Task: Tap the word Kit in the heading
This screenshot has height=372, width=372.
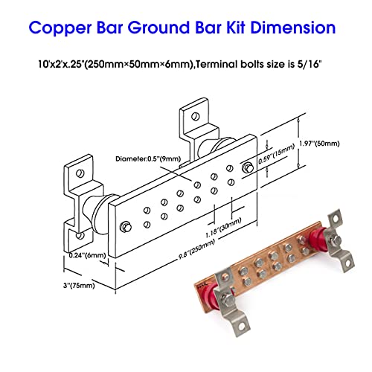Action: (224, 30)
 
